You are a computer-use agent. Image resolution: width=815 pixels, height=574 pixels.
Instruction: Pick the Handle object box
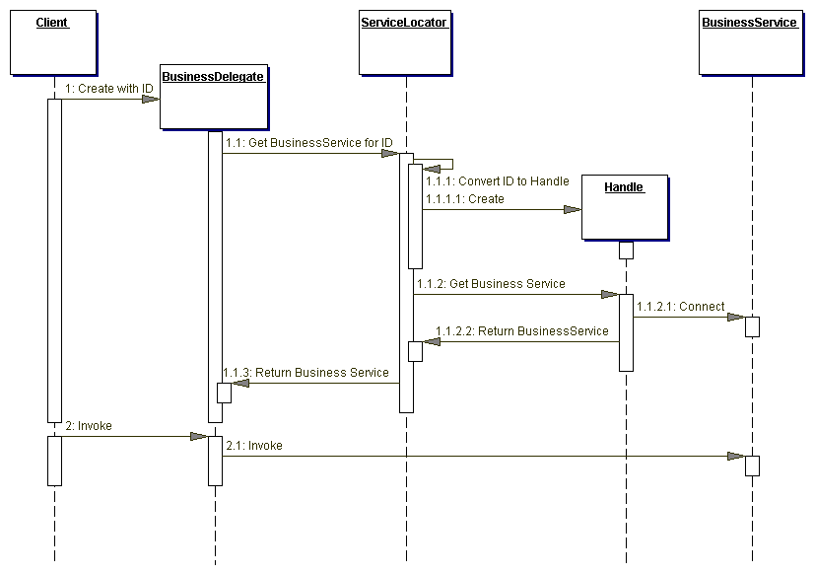pyautogui.click(x=623, y=206)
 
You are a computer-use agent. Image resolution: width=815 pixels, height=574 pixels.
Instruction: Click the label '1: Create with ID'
pyautogui.click(x=109, y=89)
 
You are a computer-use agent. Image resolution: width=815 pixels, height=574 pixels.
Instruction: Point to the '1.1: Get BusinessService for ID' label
pyautogui.click(x=308, y=143)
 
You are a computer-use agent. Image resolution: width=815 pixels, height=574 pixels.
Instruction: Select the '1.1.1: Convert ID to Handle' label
pyautogui.click(x=497, y=181)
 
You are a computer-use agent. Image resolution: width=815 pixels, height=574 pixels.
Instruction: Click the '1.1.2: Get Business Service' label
pyautogui.click(x=491, y=284)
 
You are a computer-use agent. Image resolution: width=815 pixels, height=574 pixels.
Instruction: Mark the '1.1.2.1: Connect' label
pyautogui.click(x=680, y=307)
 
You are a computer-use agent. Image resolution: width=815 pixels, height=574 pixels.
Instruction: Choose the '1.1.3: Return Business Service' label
pyautogui.click(x=306, y=373)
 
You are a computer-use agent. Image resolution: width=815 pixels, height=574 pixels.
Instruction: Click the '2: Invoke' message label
pyautogui.click(x=89, y=426)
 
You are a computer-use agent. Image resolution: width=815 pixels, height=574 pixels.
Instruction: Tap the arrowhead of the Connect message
pyautogui.click(x=735, y=317)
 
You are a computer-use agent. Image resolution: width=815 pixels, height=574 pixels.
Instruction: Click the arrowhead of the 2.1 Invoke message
pyautogui.click(x=735, y=456)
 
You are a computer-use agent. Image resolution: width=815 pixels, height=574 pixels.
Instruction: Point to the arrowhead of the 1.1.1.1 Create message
pyautogui.click(x=573, y=209)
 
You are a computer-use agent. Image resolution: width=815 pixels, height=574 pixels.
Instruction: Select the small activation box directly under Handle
pyautogui.click(x=626, y=251)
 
